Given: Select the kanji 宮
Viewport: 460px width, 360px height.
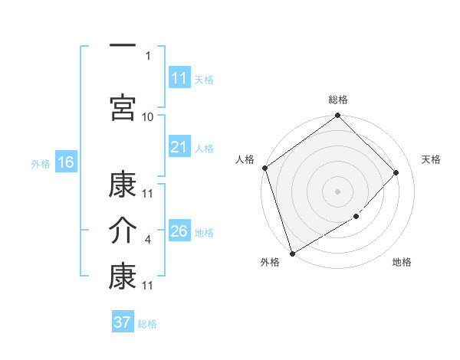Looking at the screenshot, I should click(x=123, y=108).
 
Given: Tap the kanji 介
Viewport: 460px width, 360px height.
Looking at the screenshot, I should click(x=123, y=231).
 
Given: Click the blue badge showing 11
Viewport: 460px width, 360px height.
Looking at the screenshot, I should click(x=179, y=78).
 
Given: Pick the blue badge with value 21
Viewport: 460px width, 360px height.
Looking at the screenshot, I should click(x=179, y=147).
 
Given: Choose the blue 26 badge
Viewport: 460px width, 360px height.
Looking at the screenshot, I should click(x=179, y=231).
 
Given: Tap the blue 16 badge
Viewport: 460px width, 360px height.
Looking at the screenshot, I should click(x=66, y=162).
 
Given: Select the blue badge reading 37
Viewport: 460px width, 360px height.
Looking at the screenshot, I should click(x=123, y=322).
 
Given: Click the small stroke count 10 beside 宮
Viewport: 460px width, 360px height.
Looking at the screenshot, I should click(x=148, y=116).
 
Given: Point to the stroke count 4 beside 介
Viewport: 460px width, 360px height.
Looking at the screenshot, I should click(x=148, y=240).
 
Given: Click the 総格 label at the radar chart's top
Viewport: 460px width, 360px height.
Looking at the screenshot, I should click(x=338, y=100).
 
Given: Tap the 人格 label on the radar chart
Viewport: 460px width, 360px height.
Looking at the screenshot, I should click(x=245, y=159).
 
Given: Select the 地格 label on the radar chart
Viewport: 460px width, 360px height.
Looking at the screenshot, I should click(x=402, y=263).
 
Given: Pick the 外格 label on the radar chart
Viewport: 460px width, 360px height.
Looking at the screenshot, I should click(x=270, y=263).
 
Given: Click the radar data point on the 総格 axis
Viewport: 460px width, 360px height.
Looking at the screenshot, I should click(x=338, y=116).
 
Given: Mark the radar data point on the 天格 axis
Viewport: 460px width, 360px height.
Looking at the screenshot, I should click(x=396, y=172).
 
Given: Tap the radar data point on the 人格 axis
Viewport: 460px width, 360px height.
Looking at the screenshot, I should click(x=264, y=168).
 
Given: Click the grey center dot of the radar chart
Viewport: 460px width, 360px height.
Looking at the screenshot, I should click(x=338, y=191).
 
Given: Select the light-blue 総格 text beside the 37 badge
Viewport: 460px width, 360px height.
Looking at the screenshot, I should click(x=147, y=324).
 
